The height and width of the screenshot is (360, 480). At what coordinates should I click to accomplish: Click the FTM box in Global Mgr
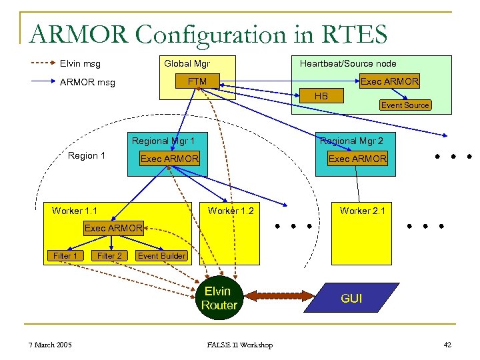click(x=197, y=82)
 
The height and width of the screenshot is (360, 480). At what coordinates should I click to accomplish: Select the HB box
click(x=321, y=96)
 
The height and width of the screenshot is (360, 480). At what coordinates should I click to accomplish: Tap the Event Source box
click(x=405, y=105)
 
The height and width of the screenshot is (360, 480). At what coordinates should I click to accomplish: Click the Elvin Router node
click(x=219, y=298)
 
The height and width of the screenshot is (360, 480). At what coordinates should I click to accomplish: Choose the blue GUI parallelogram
click(x=351, y=298)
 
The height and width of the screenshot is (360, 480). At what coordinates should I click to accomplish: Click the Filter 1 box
click(x=65, y=255)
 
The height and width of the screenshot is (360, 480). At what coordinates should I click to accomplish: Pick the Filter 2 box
click(x=109, y=255)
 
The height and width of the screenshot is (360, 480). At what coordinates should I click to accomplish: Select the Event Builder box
click(x=161, y=255)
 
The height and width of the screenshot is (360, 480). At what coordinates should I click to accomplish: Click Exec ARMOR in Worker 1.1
click(x=113, y=228)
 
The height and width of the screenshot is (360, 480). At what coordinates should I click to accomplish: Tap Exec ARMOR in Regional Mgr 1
click(x=169, y=159)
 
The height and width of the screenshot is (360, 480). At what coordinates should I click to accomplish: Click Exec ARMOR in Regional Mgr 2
click(x=357, y=159)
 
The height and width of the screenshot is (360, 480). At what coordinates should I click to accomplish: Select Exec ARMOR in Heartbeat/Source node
click(x=389, y=81)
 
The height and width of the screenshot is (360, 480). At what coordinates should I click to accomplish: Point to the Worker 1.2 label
click(x=231, y=211)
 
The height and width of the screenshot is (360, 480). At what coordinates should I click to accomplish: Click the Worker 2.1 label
click(x=362, y=211)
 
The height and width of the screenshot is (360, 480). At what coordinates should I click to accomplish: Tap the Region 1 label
click(x=87, y=155)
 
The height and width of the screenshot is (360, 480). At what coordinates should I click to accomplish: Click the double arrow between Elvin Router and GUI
click(x=278, y=297)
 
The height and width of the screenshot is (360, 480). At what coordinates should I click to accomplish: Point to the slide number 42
click(x=447, y=345)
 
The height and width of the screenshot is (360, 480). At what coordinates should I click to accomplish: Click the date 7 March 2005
click(x=51, y=345)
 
